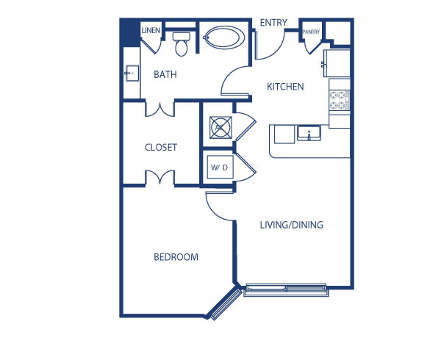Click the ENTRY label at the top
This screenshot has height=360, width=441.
[273, 23]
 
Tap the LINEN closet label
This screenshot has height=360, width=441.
[151, 30]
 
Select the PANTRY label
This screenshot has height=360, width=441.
[311, 32]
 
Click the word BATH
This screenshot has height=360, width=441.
[165, 74]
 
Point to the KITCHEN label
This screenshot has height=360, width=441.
[285, 87]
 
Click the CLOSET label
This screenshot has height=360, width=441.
[161, 147]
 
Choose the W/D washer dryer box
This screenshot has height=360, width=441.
[219, 168]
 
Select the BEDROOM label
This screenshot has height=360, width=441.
[176, 257]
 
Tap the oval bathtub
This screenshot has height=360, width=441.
[225, 37]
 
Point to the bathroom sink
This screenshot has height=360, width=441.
[132, 73]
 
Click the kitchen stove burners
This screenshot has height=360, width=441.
[339, 100]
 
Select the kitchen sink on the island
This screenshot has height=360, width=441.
[309, 134]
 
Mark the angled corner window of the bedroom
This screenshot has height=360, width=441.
[224, 303]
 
